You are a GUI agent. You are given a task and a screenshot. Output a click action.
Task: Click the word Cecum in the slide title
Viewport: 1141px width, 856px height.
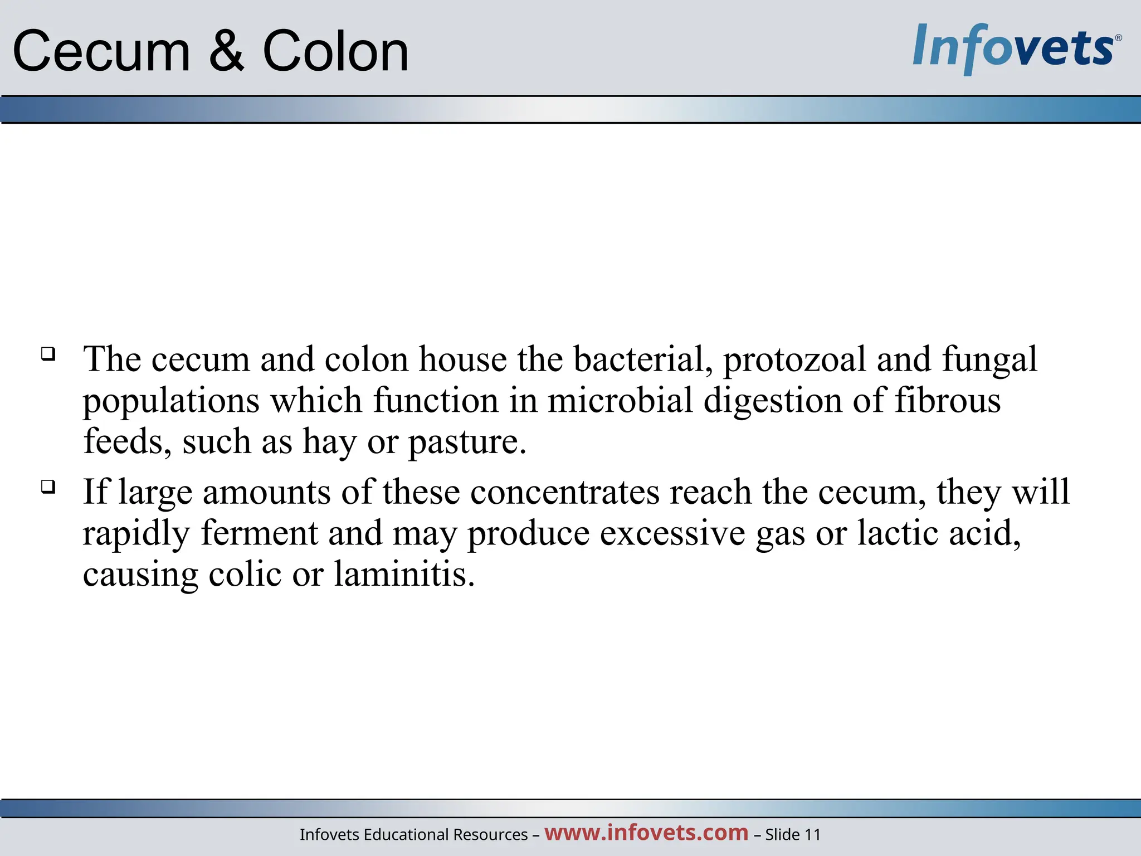[101, 52]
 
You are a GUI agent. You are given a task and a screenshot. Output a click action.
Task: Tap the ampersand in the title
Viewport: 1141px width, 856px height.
[227, 52]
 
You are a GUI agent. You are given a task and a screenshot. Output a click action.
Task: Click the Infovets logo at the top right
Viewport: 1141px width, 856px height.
[1016, 48]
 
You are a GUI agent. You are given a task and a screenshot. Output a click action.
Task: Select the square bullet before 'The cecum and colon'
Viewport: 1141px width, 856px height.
[48, 354]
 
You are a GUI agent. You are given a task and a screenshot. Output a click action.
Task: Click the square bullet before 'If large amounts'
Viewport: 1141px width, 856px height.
[48, 487]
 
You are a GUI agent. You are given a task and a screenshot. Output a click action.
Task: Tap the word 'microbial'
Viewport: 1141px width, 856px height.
[620, 401]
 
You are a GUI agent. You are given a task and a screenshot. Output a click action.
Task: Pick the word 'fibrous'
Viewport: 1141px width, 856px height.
[948, 401]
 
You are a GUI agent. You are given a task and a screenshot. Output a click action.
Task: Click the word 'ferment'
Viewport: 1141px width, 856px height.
[259, 533]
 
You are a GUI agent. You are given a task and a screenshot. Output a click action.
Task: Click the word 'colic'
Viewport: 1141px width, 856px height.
[245, 575]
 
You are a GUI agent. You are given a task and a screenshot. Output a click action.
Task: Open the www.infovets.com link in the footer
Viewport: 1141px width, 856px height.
[646, 833]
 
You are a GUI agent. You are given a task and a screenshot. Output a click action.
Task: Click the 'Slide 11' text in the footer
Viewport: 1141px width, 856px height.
[793, 835]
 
